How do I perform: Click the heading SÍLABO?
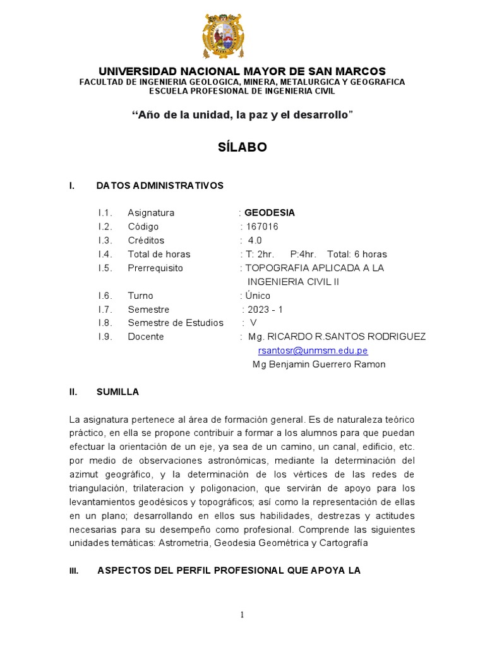(242, 147)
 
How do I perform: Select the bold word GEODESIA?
(270, 213)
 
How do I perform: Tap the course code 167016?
(261, 227)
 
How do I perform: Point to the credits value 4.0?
(254, 241)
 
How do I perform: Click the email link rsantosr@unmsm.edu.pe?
(313, 351)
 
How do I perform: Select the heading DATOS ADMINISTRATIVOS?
(160, 186)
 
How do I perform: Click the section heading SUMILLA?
(117, 392)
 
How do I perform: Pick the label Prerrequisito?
(155, 268)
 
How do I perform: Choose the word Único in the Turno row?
(258, 296)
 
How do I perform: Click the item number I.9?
(105, 337)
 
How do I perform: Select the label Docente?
(146, 337)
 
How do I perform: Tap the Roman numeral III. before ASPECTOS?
(74, 571)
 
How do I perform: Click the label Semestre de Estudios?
(176, 323)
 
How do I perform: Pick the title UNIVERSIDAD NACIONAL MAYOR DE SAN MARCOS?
(242, 71)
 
